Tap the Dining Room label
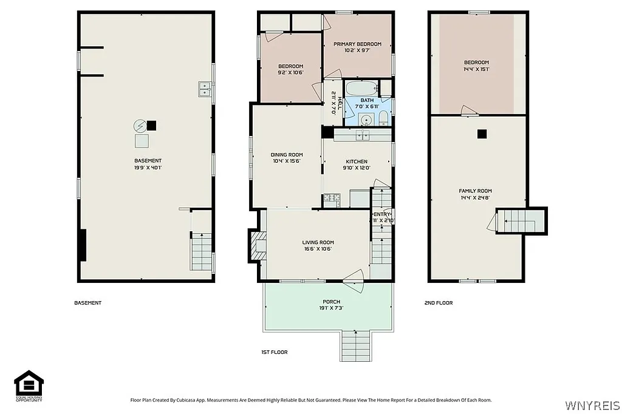[287, 155]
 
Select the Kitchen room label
[357, 161]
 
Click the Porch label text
[331, 302]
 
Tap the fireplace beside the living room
[258, 246]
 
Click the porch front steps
[356, 346]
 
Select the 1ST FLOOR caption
[274, 352]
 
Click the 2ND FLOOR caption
[439, 302]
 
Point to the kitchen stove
[331, 197]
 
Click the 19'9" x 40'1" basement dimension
[148, 168]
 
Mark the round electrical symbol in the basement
[140, 126]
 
